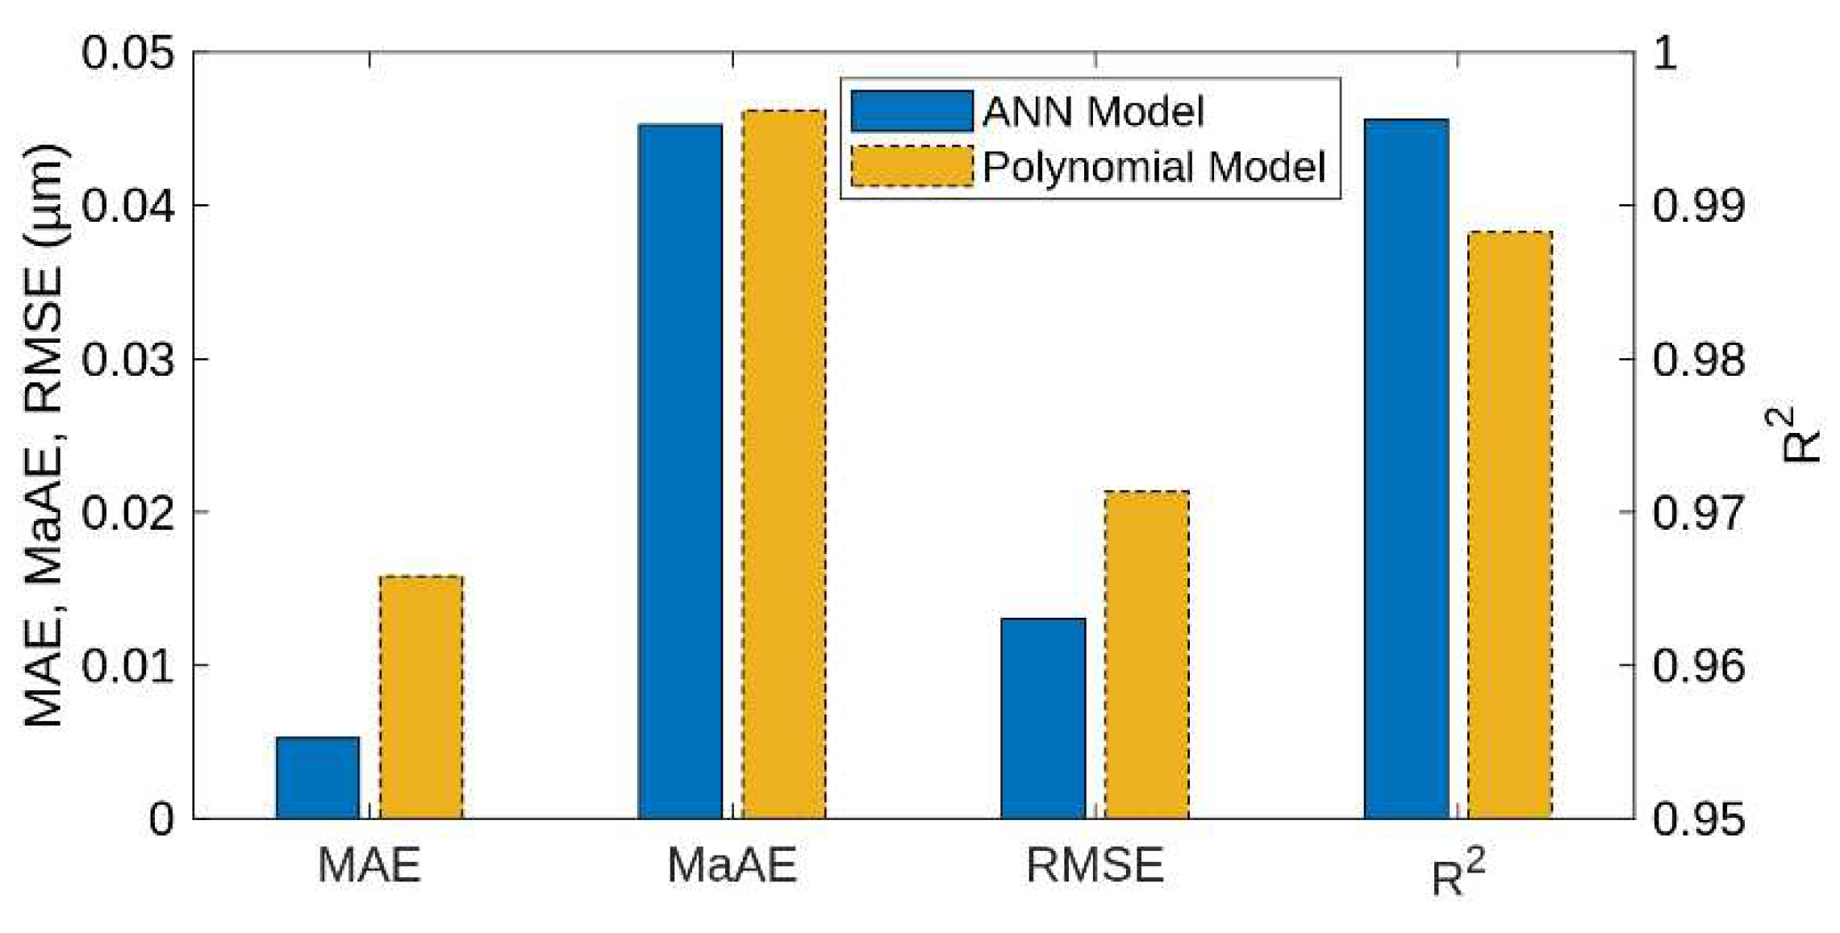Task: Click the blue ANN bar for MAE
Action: (318, 777)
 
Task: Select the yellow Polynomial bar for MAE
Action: (421, 698)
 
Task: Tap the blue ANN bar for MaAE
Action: (680, 472)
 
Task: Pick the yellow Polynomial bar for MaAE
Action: (783, 464)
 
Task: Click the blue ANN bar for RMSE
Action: (1043, 718)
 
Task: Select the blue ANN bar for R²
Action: (1406, 469)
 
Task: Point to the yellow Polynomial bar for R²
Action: (1509, 525)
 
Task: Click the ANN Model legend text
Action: (1093, 111)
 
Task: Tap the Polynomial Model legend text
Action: (1154, 167)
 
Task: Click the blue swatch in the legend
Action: (912, 111)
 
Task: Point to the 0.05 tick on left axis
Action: (127, 53)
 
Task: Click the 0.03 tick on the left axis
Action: (127, 360)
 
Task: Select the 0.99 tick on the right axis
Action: (1697, 206)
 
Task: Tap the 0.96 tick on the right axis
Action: (1697, 666)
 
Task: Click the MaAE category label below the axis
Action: (732, 866)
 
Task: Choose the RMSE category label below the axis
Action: (1095, 866)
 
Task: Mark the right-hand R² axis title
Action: (1800, 435)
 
